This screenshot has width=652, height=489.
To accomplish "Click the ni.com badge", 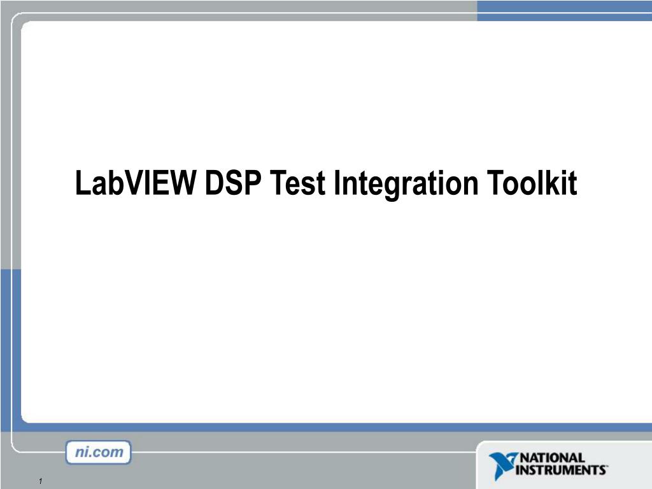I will click(98, 453).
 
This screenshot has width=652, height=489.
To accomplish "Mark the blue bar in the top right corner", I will click(564, 10).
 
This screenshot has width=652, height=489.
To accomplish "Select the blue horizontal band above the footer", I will click(326, 427).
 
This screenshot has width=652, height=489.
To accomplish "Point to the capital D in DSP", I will click(215, 184).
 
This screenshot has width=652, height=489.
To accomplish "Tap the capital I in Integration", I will click(338, 184).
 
